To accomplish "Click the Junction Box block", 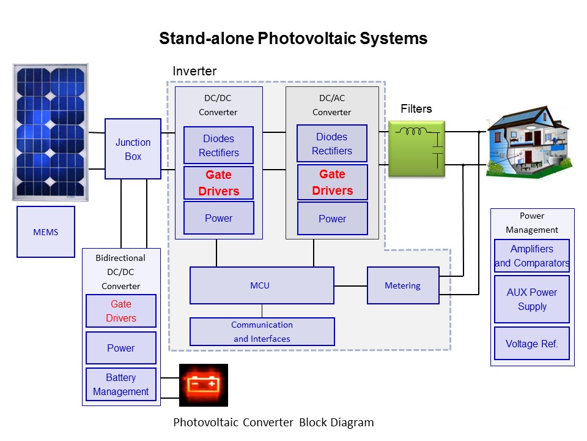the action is click(133, 149).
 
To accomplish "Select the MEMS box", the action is click(46, 232).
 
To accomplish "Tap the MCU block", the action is click(262, 285).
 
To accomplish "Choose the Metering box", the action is click(403, 285).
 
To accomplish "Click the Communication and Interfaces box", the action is click(262, 331).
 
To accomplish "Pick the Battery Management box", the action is click(121, 385).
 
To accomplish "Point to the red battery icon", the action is click(203, 385).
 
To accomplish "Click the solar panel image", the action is click(51, 132).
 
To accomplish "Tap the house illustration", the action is click(529, 142).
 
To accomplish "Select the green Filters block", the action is click(416, 148).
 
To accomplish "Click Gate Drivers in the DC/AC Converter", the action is click(333, 183).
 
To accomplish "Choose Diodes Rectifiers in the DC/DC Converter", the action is click(219, 145).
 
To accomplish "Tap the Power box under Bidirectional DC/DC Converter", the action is click(121, 348).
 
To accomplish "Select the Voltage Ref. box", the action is click(532, 344).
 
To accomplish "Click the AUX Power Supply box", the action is click(532, 300).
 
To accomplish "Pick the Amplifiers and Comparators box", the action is click(532, 256).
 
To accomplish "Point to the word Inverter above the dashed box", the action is click(194, 71).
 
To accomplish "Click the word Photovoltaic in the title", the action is click(306, 38).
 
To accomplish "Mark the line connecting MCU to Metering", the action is click(351, 286).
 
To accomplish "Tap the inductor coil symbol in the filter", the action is click(411, 131).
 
